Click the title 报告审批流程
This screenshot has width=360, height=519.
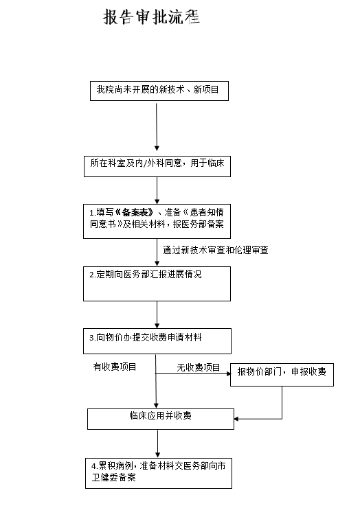point(151,16)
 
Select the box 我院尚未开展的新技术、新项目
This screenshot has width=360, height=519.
point(159,91)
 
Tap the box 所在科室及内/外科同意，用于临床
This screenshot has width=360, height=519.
point(157,166)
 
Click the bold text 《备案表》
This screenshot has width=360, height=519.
point(134,212)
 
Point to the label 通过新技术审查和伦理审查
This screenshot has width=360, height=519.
point(215,250)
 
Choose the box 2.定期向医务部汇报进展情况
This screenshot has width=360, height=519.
point(157,284)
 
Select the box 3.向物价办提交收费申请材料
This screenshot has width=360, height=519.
point(157,341)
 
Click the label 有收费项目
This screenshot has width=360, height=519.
point(115,367)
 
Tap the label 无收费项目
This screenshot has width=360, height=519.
point(199,367)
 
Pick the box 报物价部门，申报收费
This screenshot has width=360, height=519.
point(282,375)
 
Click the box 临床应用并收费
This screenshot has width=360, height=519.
point(161,419)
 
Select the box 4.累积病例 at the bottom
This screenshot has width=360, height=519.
point(159,473)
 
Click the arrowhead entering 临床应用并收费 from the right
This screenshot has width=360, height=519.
point(236,419)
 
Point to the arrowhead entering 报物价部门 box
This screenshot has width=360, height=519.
point(229,373)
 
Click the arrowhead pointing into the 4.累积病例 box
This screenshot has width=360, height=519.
point(157,455)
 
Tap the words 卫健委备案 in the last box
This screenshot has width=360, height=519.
point(113,477)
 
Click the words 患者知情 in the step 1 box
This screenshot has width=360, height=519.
point(207,212)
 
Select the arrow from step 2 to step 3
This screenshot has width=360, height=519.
point(157,315)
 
